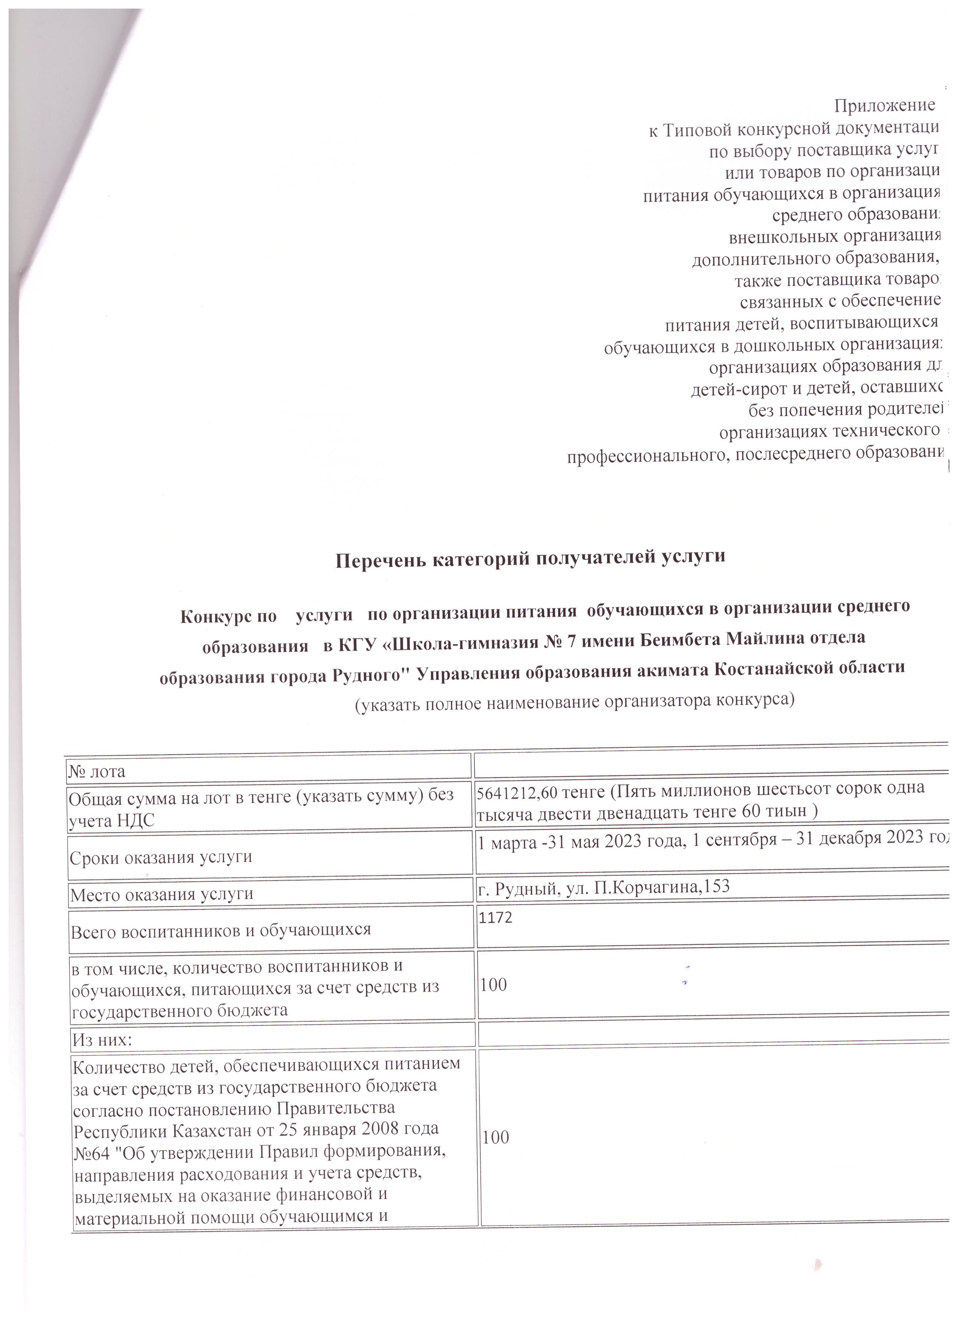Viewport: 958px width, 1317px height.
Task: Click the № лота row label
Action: click(x=97, y=772)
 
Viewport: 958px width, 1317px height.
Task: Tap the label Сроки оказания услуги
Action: click(x=161, y=857)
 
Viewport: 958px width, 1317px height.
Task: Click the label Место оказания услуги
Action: click(x=162, y=894)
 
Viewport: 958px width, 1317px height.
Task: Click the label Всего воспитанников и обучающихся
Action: click(x=221, y=930)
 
